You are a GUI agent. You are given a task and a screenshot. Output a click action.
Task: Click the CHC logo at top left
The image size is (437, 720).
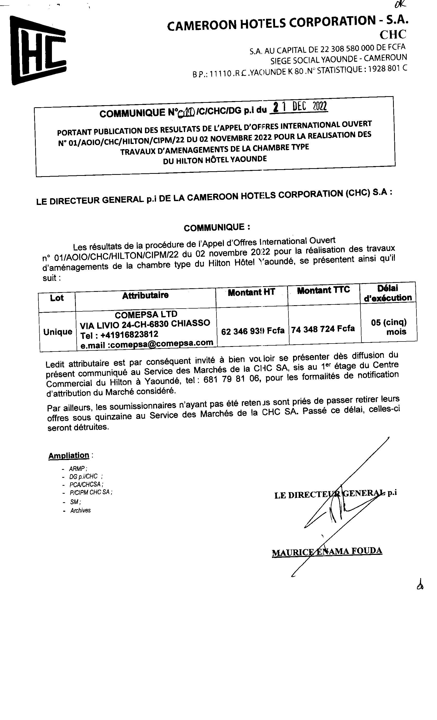pyautogui.click(x=38, y=50)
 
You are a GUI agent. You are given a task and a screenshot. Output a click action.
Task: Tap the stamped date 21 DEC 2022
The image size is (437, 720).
pyautogui.click(x=299, y=107)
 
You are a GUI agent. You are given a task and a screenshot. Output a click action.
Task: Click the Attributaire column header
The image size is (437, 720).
pyautogui.click(x=145, y=295)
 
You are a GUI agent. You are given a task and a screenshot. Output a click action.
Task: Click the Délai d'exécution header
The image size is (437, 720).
pyautogui.click(x=388, y=293)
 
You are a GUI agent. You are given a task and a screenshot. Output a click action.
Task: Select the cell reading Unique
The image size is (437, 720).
pyautogui.click(x=58, y=332)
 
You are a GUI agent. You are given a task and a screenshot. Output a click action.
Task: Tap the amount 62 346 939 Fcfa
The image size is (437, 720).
pyautogui.click(x=252, y=331)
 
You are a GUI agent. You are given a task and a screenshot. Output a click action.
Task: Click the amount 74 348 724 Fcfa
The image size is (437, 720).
pyautogui.click(x=323, y=329)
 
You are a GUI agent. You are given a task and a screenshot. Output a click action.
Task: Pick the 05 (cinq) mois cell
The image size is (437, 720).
pyautogui.click(x=389, y=327)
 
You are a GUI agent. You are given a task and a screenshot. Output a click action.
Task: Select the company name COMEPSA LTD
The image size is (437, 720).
pyautogui.click(x=146, y=314)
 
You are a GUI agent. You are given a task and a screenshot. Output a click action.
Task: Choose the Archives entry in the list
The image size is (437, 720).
pyautogui.click(x=80, y=510)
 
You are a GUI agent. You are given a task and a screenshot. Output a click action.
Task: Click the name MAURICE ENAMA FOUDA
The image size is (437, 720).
pyautogui.click(x=326, y=552)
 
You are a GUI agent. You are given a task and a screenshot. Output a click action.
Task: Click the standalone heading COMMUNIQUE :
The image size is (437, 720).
pyautogui.click(x=217, y=227)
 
